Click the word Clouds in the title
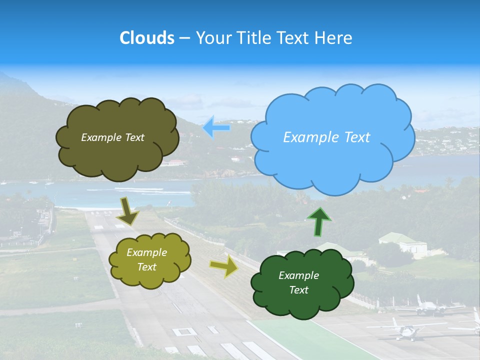coord(147,38)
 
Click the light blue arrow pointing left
coord(216,128)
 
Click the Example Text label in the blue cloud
coord(326,137)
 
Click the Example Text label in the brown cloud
coord(112,137)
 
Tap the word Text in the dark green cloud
coord(298,290)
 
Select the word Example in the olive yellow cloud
coord(146,253)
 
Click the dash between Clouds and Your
coord(184,38)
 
